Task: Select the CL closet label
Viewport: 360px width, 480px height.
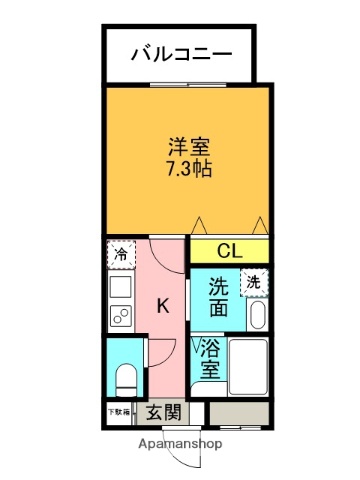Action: (230, 251)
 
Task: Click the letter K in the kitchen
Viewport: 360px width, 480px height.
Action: (161, 306)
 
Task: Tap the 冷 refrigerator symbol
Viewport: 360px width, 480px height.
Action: (120, 255)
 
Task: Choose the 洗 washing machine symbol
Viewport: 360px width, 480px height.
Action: (255, 283)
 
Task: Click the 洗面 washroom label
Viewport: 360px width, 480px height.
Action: (220, 298)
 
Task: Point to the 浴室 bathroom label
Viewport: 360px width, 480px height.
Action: (211, 360)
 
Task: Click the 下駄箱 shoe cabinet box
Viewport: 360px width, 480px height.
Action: (119, 411)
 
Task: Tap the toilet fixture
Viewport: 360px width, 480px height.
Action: (126, 377)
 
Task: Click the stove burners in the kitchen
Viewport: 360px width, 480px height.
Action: (120, 319)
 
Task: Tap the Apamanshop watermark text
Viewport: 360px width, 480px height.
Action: (180, 443)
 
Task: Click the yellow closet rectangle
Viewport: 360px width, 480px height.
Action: (230, 251)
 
